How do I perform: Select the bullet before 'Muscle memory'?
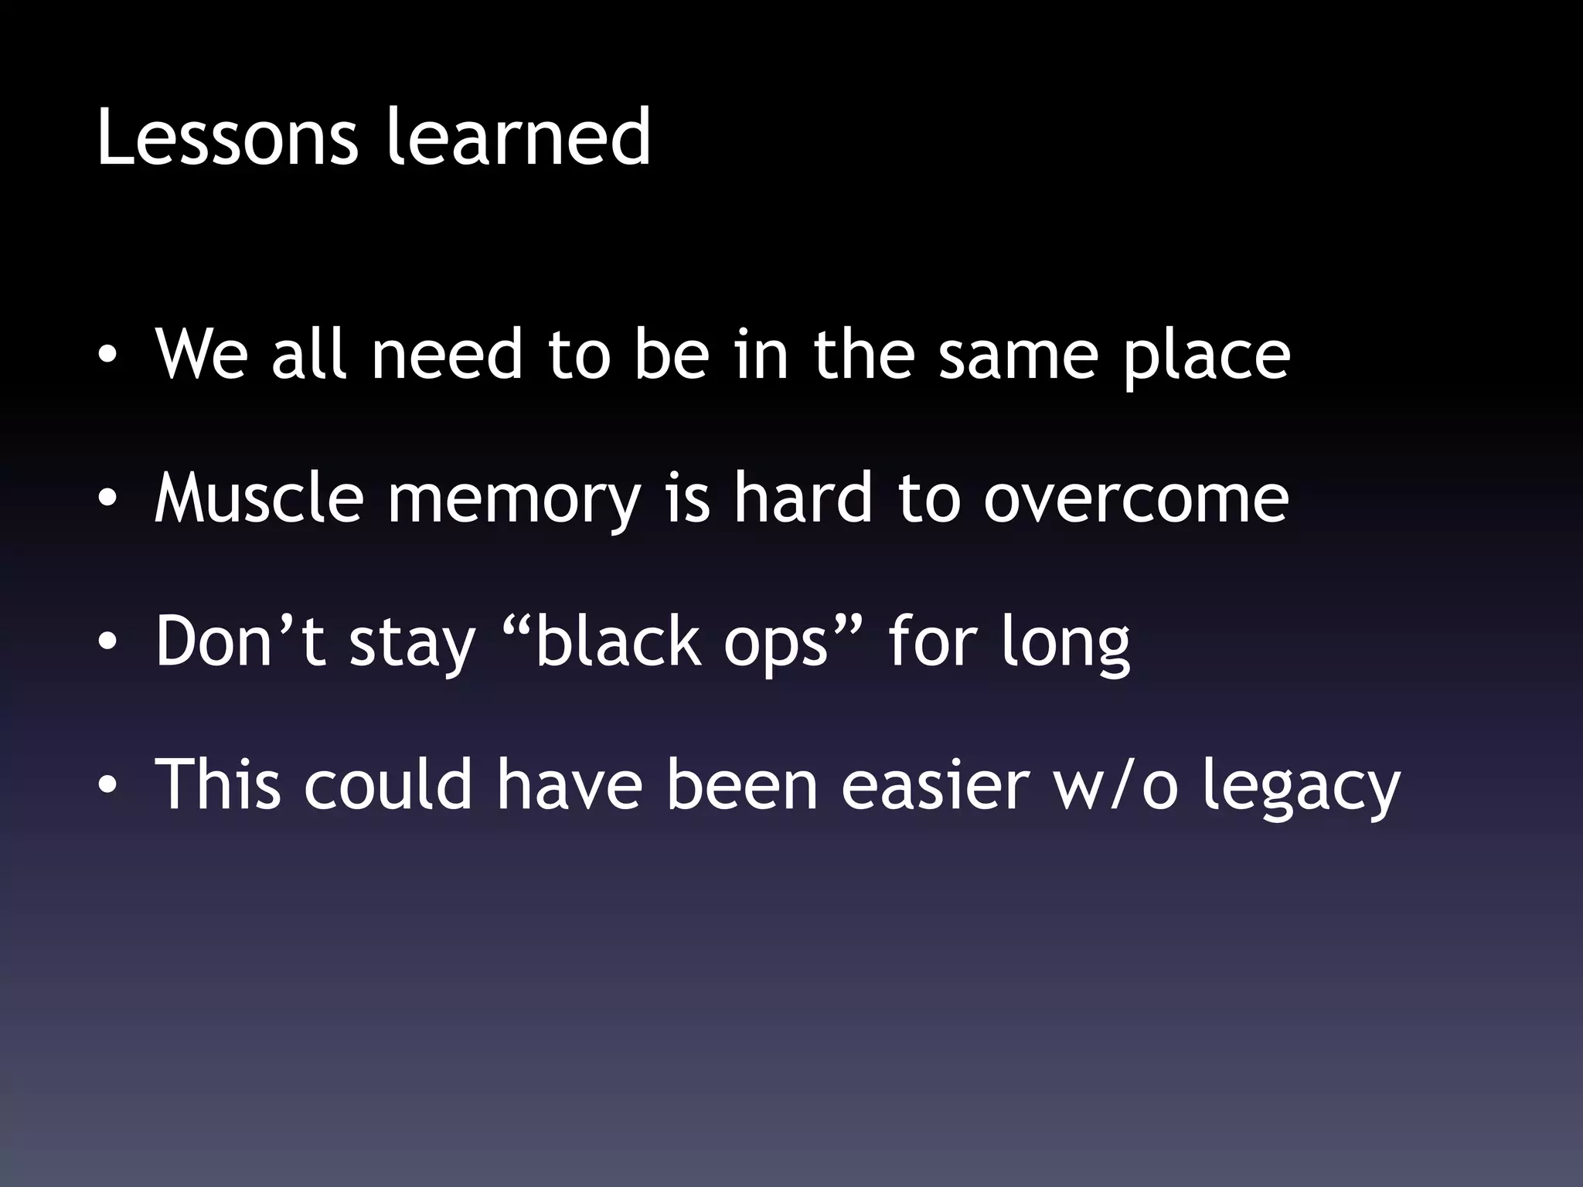coord(107,498)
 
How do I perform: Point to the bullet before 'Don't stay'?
coord(107,641)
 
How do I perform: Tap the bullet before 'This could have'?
coord(107,784)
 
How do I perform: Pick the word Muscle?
coord(259,498)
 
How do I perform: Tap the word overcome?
coord(1135,499)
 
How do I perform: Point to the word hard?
coord(803,498)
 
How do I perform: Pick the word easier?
coord(935,784)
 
